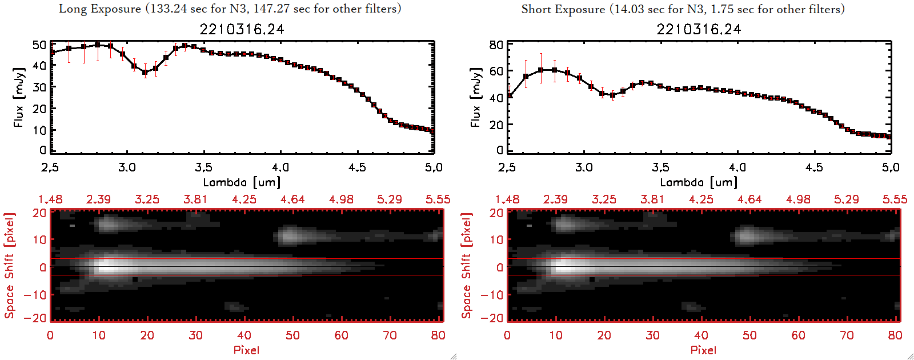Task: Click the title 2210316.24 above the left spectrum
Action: [242, 29]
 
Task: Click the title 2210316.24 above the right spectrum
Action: [699, 29]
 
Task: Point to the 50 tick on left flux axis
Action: [39, 45]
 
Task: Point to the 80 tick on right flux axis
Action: [496, 45]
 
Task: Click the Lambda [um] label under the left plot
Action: [242, 182]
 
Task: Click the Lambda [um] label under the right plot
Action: [699, 182]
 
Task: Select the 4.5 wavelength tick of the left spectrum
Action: [357, 167]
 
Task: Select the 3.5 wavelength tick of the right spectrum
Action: [660, 167]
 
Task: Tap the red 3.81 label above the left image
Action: [195, 199]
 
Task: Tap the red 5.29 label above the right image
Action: [846, 199]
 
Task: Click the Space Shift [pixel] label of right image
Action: [466, 266]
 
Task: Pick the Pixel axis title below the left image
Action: [246, 350]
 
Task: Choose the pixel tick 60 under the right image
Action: [798, 335]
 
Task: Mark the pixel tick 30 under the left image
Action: [195, 335]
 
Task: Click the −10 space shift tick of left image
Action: [35, 295]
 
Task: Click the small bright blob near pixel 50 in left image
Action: [290, 235]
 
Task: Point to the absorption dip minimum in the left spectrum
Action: [145, 73]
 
